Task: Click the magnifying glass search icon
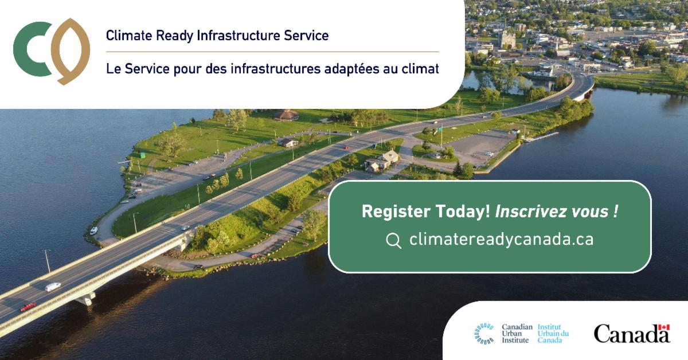pyautogui.click(x=393, y=241)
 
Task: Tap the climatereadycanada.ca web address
pyautogui.click(x=501, y=239)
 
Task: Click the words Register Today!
pyautogui.click(x=426, y=212)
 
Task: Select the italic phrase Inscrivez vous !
pyautogui.click(x=557, y=212)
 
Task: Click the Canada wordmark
pyautogui.click(x=632, y=334)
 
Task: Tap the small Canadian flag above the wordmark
pyautogui.click(x=664, y=327)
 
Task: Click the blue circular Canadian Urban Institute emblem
pyautogui.click(x=484, y=334)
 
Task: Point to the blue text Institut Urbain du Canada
pyautogui.click(x=553, y=334)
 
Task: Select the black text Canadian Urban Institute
pyautogui.click(x=517, y=334)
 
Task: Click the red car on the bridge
pyautogui.click(x=28, y=307)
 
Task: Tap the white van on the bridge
pyautogui.click(x=53, y=287)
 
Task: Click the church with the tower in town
pyautogui.click(x=507, y=38)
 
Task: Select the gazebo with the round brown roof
pyautogui.click(x=286, y=115)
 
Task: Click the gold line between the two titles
pyautogui.click(x=272, y=52)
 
